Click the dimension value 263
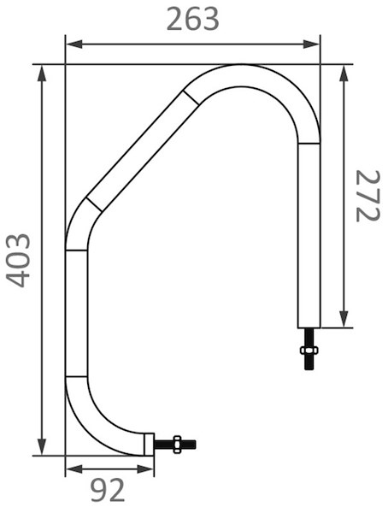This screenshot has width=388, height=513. tap(192, 20)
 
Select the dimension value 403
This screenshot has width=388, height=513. tap(18, 261)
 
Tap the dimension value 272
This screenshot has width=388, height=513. tap(368, 196)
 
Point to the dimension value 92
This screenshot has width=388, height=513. tap(108, 490)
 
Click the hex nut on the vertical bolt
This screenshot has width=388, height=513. tap(309, 350)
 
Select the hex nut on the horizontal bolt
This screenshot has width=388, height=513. tap(178, 444)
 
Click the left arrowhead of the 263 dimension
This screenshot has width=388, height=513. tap(74, 44)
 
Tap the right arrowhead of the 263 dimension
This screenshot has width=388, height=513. tap(311, 44)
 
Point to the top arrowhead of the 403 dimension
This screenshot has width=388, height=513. tap(42, 73)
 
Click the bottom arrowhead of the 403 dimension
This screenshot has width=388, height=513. tap(42, 446)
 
